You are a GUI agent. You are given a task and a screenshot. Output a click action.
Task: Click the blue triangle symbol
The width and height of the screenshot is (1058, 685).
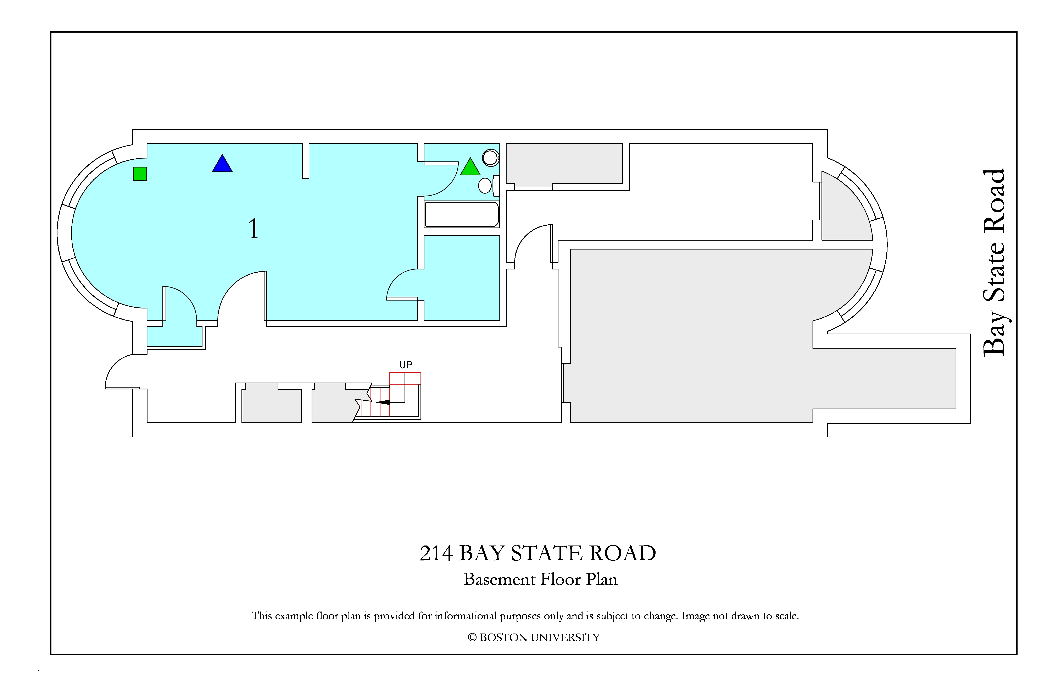[222, 164]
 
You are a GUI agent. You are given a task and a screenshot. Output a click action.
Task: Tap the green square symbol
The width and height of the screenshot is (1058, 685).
[140, 174]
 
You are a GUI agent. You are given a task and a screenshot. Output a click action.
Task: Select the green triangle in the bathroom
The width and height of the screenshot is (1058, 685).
[470, 167]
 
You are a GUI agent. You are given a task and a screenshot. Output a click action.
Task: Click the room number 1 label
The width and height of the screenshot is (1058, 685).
[253, 229]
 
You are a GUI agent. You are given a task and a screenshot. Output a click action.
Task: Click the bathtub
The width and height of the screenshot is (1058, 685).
[462, 214]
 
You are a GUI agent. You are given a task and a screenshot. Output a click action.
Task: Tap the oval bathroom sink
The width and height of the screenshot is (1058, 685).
[485, 186]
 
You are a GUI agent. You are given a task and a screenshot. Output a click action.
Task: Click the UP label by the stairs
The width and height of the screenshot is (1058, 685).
[405, 365]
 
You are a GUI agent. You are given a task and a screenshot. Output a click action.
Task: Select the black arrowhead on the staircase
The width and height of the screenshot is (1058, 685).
[383, 402]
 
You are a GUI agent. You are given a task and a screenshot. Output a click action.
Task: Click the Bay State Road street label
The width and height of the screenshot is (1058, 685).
[994, 262]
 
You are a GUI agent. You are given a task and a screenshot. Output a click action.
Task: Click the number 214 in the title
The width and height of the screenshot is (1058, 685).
[436, 553]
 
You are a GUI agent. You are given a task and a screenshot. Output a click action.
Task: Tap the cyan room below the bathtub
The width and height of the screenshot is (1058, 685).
[462, 278]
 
